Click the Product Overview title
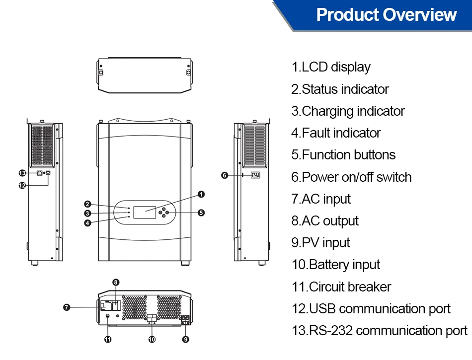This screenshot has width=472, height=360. (x=386, y=15)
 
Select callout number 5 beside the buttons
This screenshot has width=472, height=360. (x=201, y=213)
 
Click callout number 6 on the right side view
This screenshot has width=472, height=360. (x=225, y=175)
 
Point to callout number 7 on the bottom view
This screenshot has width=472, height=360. (x=67, y=307)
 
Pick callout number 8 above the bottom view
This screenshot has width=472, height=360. (x=116, y=282)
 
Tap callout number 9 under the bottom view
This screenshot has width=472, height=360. (x=185, y=340)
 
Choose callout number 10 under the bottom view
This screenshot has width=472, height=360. (x=152, y=340)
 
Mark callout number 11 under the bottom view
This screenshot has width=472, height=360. (x=108, y=340)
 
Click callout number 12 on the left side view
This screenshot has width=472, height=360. (x=22, y=185)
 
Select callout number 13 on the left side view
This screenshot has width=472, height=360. (x=22, y=173)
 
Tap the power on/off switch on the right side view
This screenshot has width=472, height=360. (x=255, y=175)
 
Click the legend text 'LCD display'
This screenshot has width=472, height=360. (x=331, y=67)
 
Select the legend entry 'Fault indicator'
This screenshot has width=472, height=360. (x=336, y=133)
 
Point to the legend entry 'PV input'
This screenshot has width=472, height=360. (x=320, y=243)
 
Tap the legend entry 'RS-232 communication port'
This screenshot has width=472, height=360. (x=379, y=331)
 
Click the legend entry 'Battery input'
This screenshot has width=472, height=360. (x=336, y=265)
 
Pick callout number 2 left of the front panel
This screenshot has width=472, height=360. (x=87, y=204)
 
